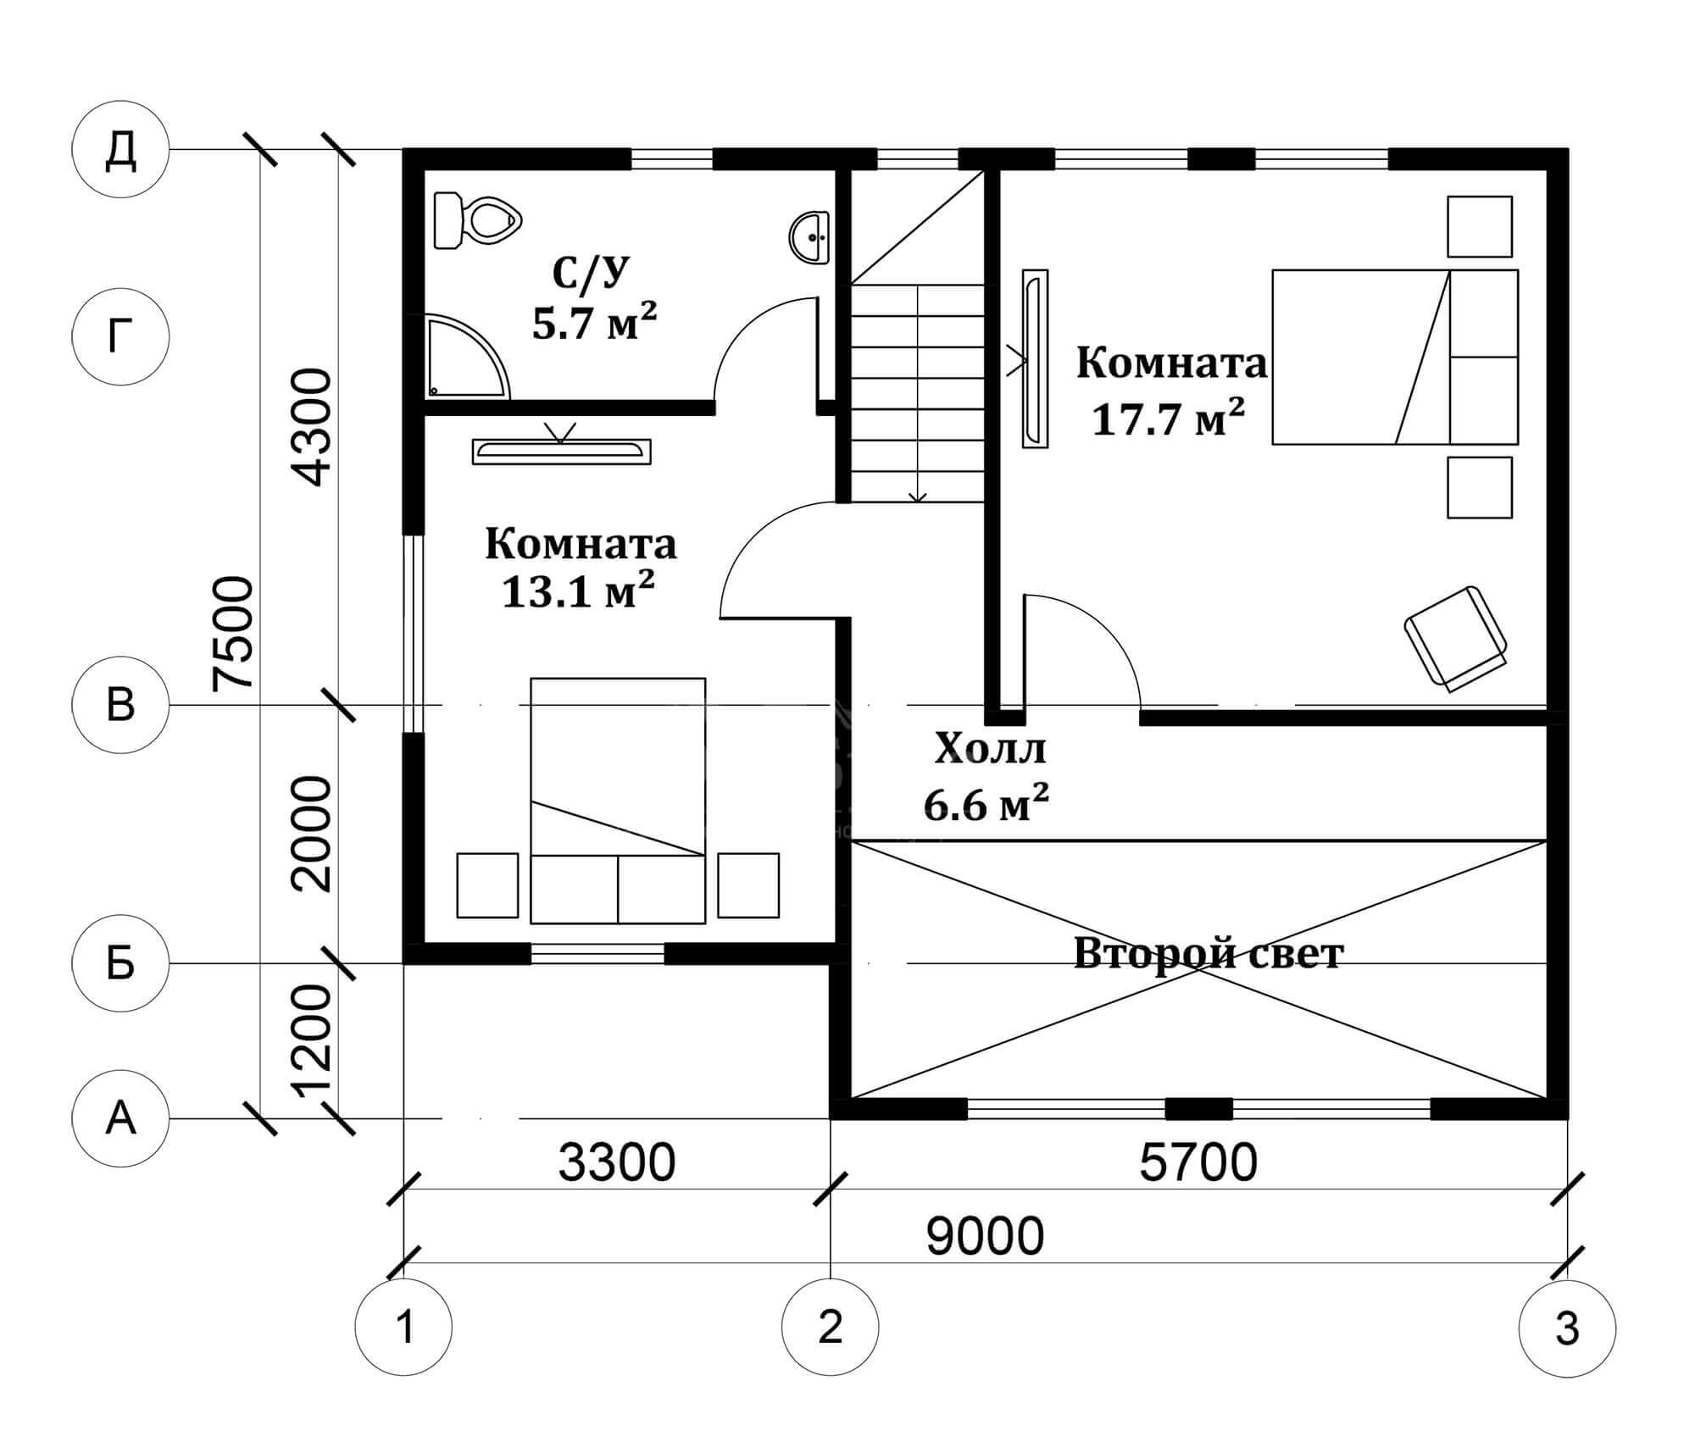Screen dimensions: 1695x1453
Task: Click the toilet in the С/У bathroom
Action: [475, 220]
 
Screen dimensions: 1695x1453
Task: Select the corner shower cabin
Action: [466, 356]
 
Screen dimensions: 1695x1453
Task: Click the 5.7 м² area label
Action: [594, 321]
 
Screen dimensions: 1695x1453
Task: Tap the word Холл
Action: [990, 749]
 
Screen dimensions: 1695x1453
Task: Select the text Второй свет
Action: [1209, 953]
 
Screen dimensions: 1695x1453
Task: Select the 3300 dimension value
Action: [616, 1162]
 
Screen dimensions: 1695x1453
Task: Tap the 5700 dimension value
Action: [1198, 1162]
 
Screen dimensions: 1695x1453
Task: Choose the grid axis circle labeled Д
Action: [120, 150]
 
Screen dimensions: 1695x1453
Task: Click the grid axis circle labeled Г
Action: [120, 336]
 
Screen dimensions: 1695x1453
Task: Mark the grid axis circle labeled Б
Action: [120, 963]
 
